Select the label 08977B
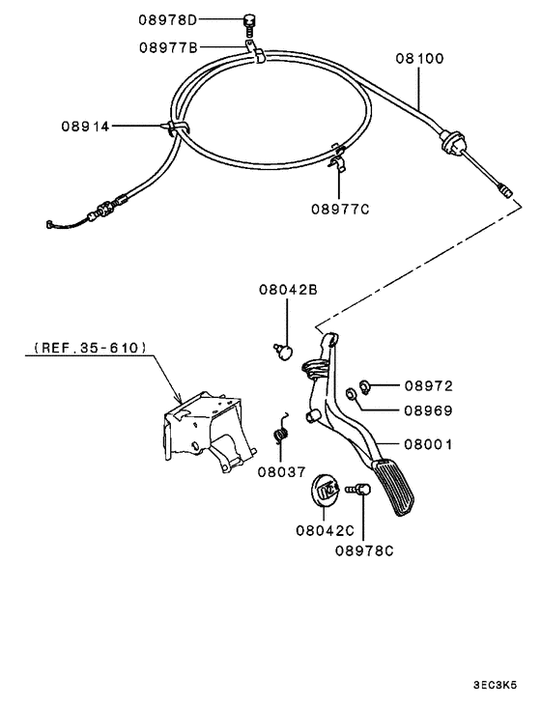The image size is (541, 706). pyautogui.click(x=167, y=45)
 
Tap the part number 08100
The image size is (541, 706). pyautogui.click(x=419, y=58)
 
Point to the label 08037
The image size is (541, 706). pyautogui.click(x=281, y=472)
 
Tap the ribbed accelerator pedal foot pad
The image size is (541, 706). pyautogui.click(x=399, y=488)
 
